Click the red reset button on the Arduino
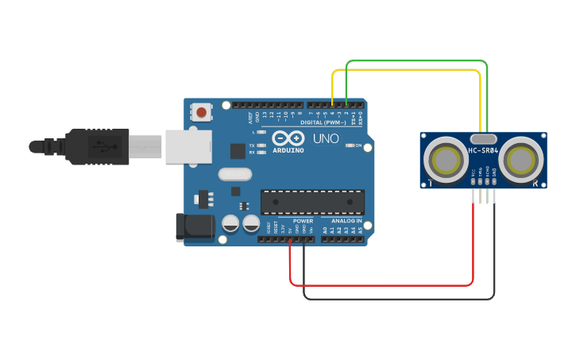(202, 113)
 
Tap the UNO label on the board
(326, 138)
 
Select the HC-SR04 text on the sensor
(483, 151)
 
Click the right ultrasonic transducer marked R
(524, 161)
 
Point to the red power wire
(381, 285)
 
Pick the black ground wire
(397, 299)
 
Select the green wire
(417, 60)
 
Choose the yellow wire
(405, 70)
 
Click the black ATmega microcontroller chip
(312, 203)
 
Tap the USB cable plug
(95, 147)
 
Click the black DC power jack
(194, 226)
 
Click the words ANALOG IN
(346, 221)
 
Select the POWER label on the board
(303, 221)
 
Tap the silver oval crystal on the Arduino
(233, 174)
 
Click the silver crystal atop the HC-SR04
(483, 138)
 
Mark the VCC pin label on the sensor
(474, 172)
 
